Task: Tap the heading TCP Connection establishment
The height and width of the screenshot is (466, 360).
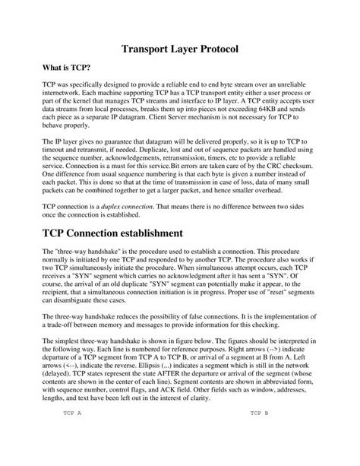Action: tap(124, 230)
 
